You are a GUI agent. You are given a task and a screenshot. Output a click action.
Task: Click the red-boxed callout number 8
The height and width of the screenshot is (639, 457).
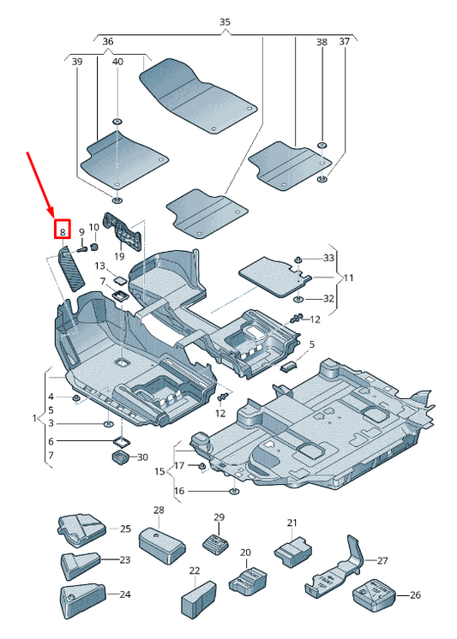(63, 232)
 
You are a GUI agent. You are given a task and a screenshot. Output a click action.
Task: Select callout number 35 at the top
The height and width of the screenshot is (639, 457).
(225, 22)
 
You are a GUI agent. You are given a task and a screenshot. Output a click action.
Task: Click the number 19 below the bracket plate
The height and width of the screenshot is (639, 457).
(119, 256)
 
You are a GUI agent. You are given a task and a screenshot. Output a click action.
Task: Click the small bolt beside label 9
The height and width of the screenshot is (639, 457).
(82, 249)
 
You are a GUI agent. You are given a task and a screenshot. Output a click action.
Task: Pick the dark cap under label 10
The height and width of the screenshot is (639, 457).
(94, 247)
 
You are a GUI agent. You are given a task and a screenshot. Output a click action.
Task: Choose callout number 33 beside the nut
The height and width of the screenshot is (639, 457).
(328, 258)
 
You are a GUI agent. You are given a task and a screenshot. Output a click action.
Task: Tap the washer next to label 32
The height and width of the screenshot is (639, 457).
(298, 300)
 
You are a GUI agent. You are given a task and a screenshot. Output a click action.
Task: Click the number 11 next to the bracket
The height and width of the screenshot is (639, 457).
(348, 278)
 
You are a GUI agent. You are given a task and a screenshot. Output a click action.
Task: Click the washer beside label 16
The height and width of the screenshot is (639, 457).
(234, 491)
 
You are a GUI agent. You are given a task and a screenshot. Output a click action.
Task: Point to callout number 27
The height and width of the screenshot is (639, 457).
(382, 561)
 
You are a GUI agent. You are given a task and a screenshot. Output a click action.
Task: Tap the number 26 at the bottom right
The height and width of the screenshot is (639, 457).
(415, 595)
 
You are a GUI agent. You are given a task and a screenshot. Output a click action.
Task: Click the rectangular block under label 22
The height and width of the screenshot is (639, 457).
(198, 597)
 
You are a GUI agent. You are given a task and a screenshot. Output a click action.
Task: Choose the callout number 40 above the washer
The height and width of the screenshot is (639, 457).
(117, 62)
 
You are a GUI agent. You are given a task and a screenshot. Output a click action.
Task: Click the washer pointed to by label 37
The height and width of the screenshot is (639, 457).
(322, 179)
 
